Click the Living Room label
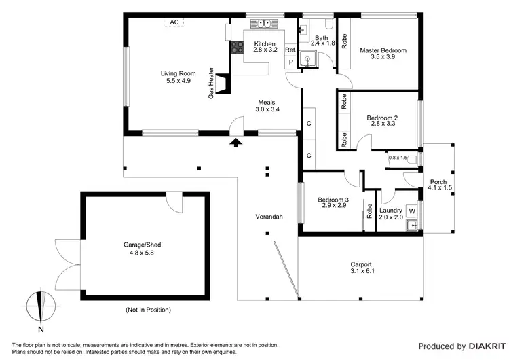pos(175,73)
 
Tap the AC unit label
pos(174,22)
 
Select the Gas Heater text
pos(212,84)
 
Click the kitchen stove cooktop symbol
pos(238,47)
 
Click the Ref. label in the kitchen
pos(290,50)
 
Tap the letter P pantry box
pos(291,62)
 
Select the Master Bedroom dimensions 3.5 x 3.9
pos(383,57)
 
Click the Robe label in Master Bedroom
pos(345,41)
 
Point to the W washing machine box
pos(411,211)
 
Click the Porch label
pos(438,181)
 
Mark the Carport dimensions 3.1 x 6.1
pos(361,271)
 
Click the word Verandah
pos(269,217)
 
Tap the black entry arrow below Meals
pos(235,142)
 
